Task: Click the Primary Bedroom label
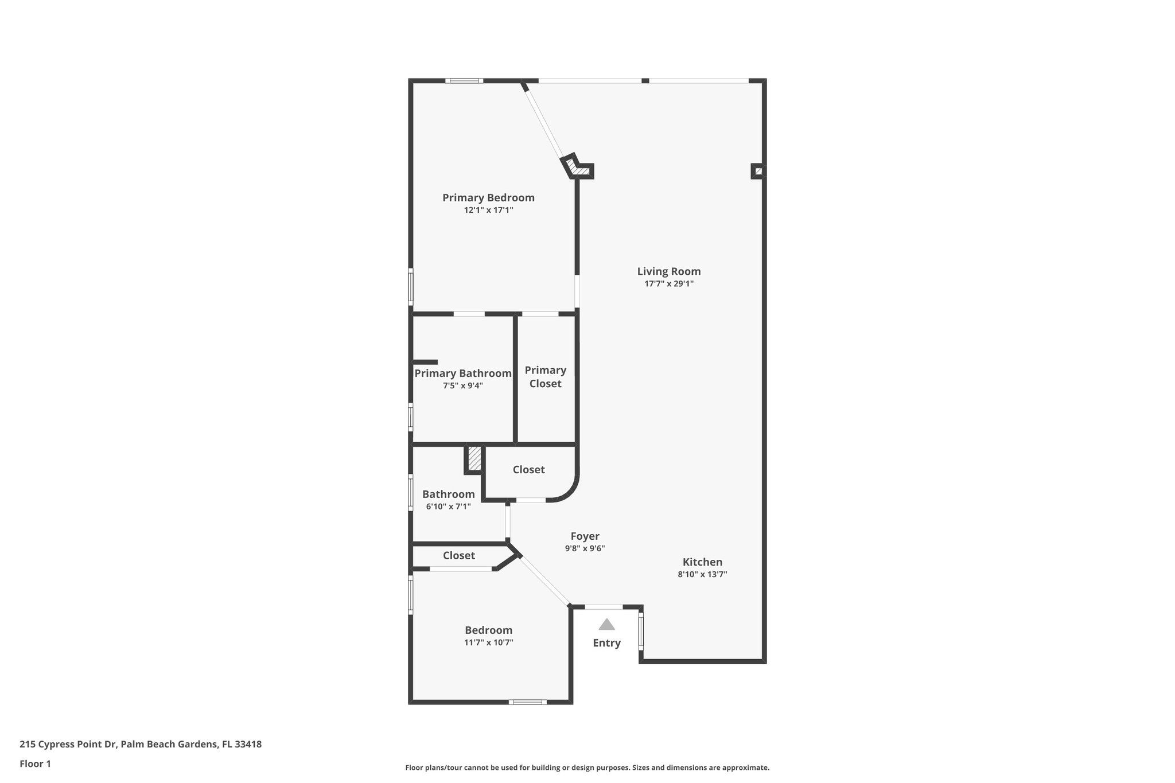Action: (x=488, y=198)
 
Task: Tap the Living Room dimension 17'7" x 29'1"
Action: (x=669, y=283)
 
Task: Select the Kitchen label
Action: (x=702, y=562)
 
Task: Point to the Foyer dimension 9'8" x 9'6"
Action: (x=585, y=548)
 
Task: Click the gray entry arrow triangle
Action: (x=606, y=625)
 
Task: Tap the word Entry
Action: (x=606, y=643)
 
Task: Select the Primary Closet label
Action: (x=545, y=377)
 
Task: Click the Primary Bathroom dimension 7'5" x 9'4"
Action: (x=462, y=386)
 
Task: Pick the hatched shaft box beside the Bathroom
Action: (x=474, y=459)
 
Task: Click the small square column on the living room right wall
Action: (x=758, y=171)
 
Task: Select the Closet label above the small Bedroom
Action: (x=458, y=556)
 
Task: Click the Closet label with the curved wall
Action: (x=528, y=470)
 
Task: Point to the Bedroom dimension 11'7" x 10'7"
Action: (x=488, y=642)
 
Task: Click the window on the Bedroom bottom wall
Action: (x=527, y=702)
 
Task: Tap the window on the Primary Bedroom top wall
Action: (x=464, y=81)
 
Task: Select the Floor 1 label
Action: (x=35, y=764)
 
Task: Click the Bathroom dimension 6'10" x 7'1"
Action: (x=448, y=507)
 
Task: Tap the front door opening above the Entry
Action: (x=604, y=607)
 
